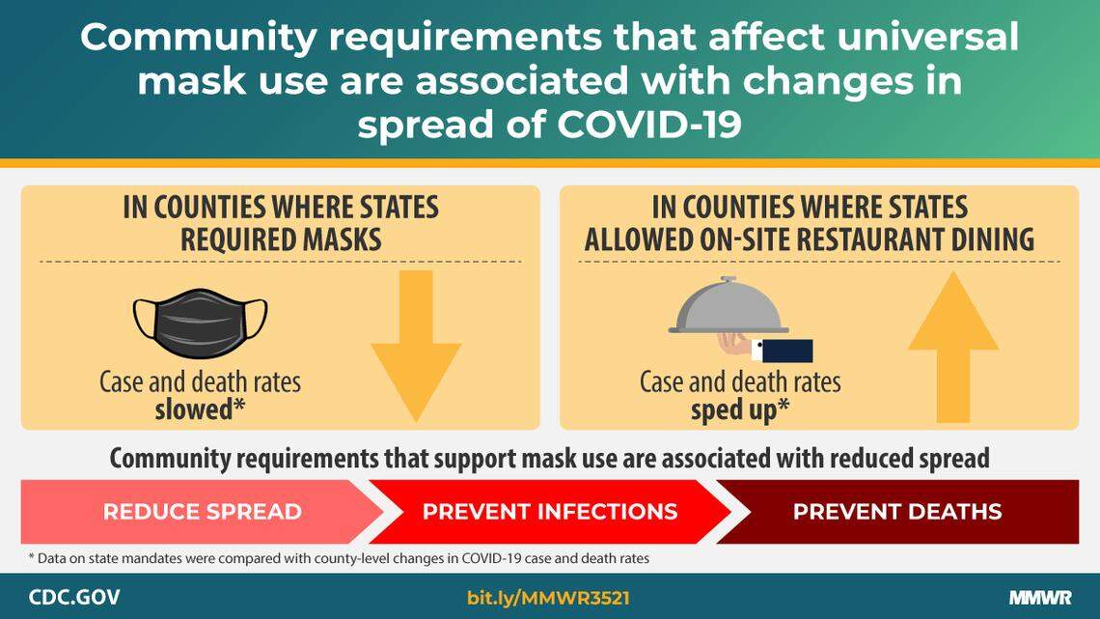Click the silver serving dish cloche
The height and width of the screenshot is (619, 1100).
pos(729,307)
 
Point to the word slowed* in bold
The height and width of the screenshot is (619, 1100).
pos(200,409)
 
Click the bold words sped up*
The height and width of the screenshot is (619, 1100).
pos(740,409)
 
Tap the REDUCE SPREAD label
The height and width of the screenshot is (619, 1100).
pos(202,512)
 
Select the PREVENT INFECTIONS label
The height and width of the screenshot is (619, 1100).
pos(549,512)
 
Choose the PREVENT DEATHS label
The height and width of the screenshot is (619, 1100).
pos(896,512)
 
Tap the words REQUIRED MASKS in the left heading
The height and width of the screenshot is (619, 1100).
pos(280,239)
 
